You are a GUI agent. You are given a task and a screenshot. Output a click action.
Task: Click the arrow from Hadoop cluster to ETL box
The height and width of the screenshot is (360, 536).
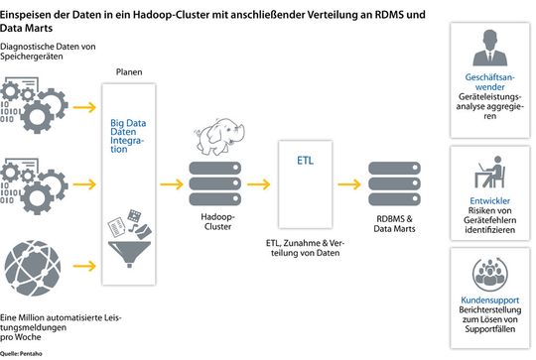261,184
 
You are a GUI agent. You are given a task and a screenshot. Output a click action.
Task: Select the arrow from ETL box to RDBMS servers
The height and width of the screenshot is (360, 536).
350,184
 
